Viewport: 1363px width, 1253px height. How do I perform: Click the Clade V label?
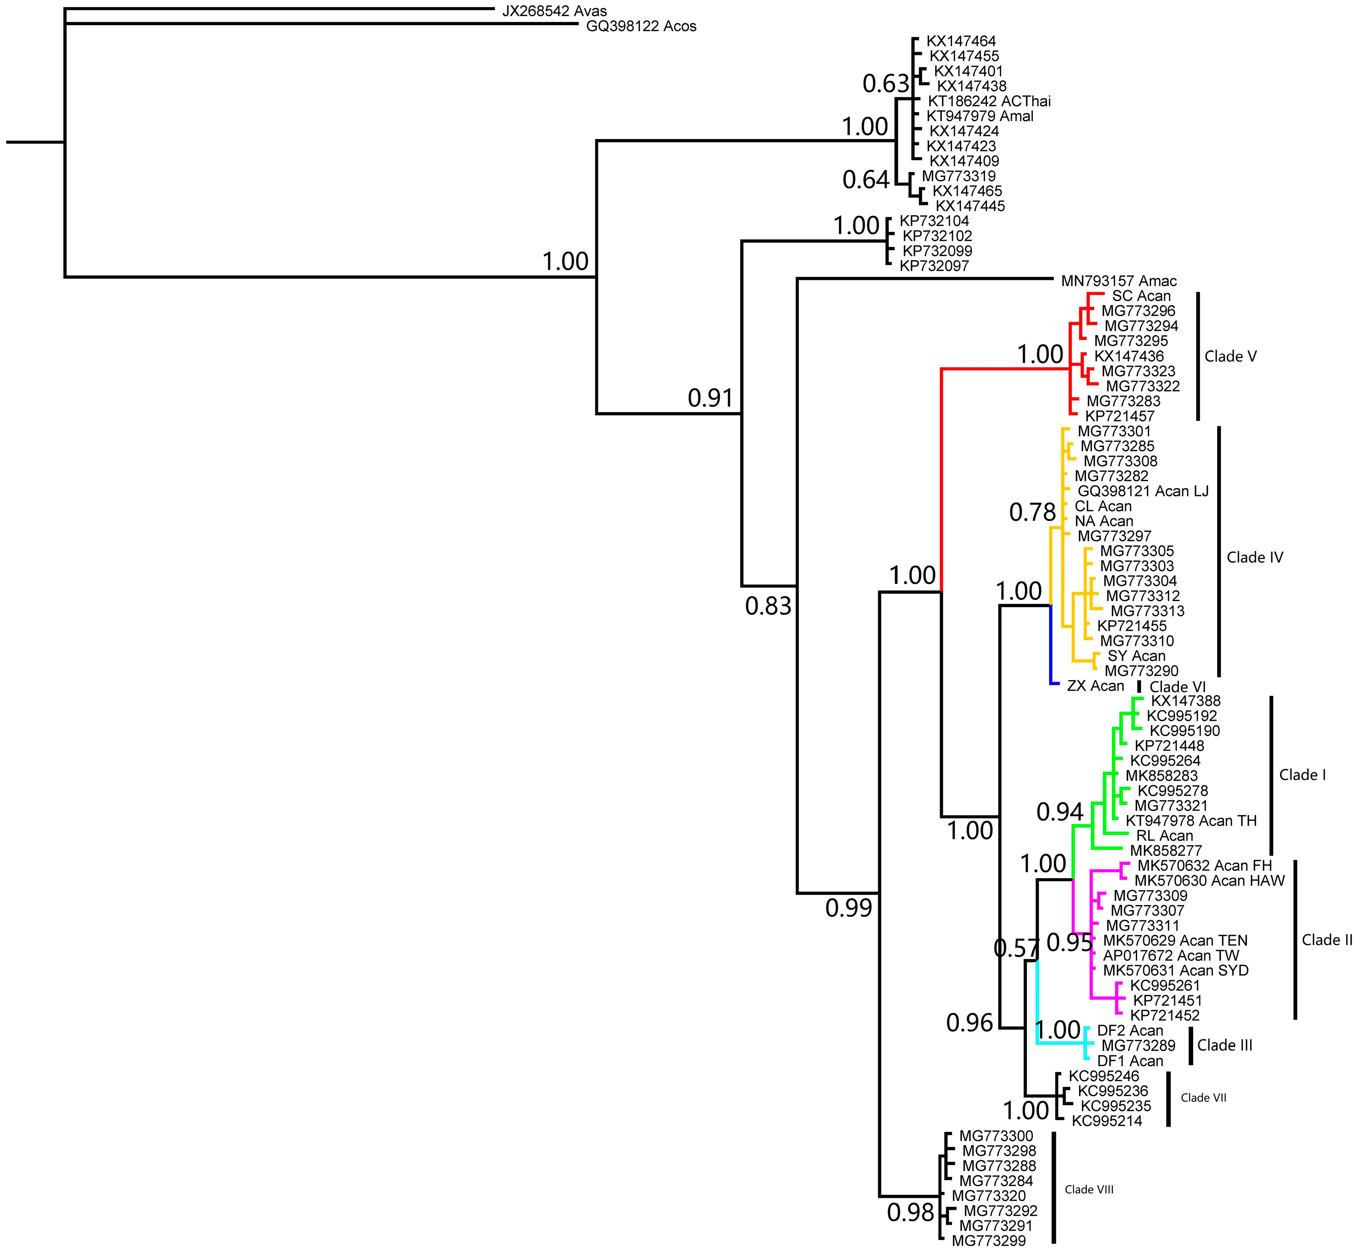pos(1230,357)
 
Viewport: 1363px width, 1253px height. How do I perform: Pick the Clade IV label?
pos(1255,557)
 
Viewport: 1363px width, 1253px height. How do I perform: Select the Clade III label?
pos(1224,1045)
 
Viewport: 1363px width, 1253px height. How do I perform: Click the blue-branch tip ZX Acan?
pos(1095,686)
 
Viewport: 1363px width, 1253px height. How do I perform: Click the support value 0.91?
pos(711,398)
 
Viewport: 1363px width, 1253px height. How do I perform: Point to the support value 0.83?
pos(768,606)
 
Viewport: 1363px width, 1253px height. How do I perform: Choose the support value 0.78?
pos(1032,512)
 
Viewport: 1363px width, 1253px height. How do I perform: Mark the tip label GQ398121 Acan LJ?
pos(1142,491)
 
